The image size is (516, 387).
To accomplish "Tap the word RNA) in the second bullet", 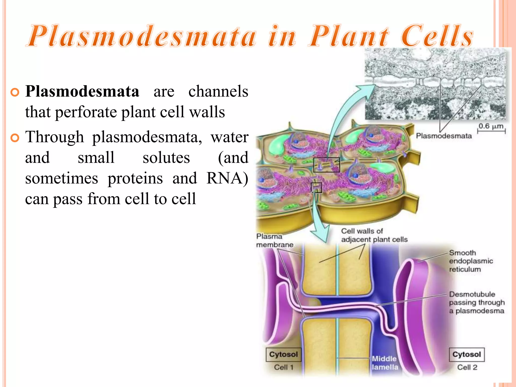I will tap(227, 178).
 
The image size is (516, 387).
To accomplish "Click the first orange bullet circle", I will tap(15, 92).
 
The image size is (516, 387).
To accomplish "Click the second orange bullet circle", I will tap(15, 138).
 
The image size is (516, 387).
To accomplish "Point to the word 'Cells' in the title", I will tap(437, 36).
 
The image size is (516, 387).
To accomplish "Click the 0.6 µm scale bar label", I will tap(491, 126).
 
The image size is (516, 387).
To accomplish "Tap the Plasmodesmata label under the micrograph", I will tap(444, 136).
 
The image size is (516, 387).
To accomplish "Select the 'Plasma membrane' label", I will tap(274, 240).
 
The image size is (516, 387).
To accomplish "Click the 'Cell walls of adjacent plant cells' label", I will tap(374, 235).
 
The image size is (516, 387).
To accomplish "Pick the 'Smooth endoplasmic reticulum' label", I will tap(471, 261).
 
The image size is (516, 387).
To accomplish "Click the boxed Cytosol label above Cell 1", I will tap(283, 354).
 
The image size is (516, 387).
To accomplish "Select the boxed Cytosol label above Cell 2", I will tap(467, 354).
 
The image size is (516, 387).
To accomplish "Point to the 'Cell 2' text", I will tap(467, 367).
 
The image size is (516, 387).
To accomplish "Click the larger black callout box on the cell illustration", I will tap(327, 165).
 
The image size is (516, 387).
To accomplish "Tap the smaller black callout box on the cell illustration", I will tap(317, 188).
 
